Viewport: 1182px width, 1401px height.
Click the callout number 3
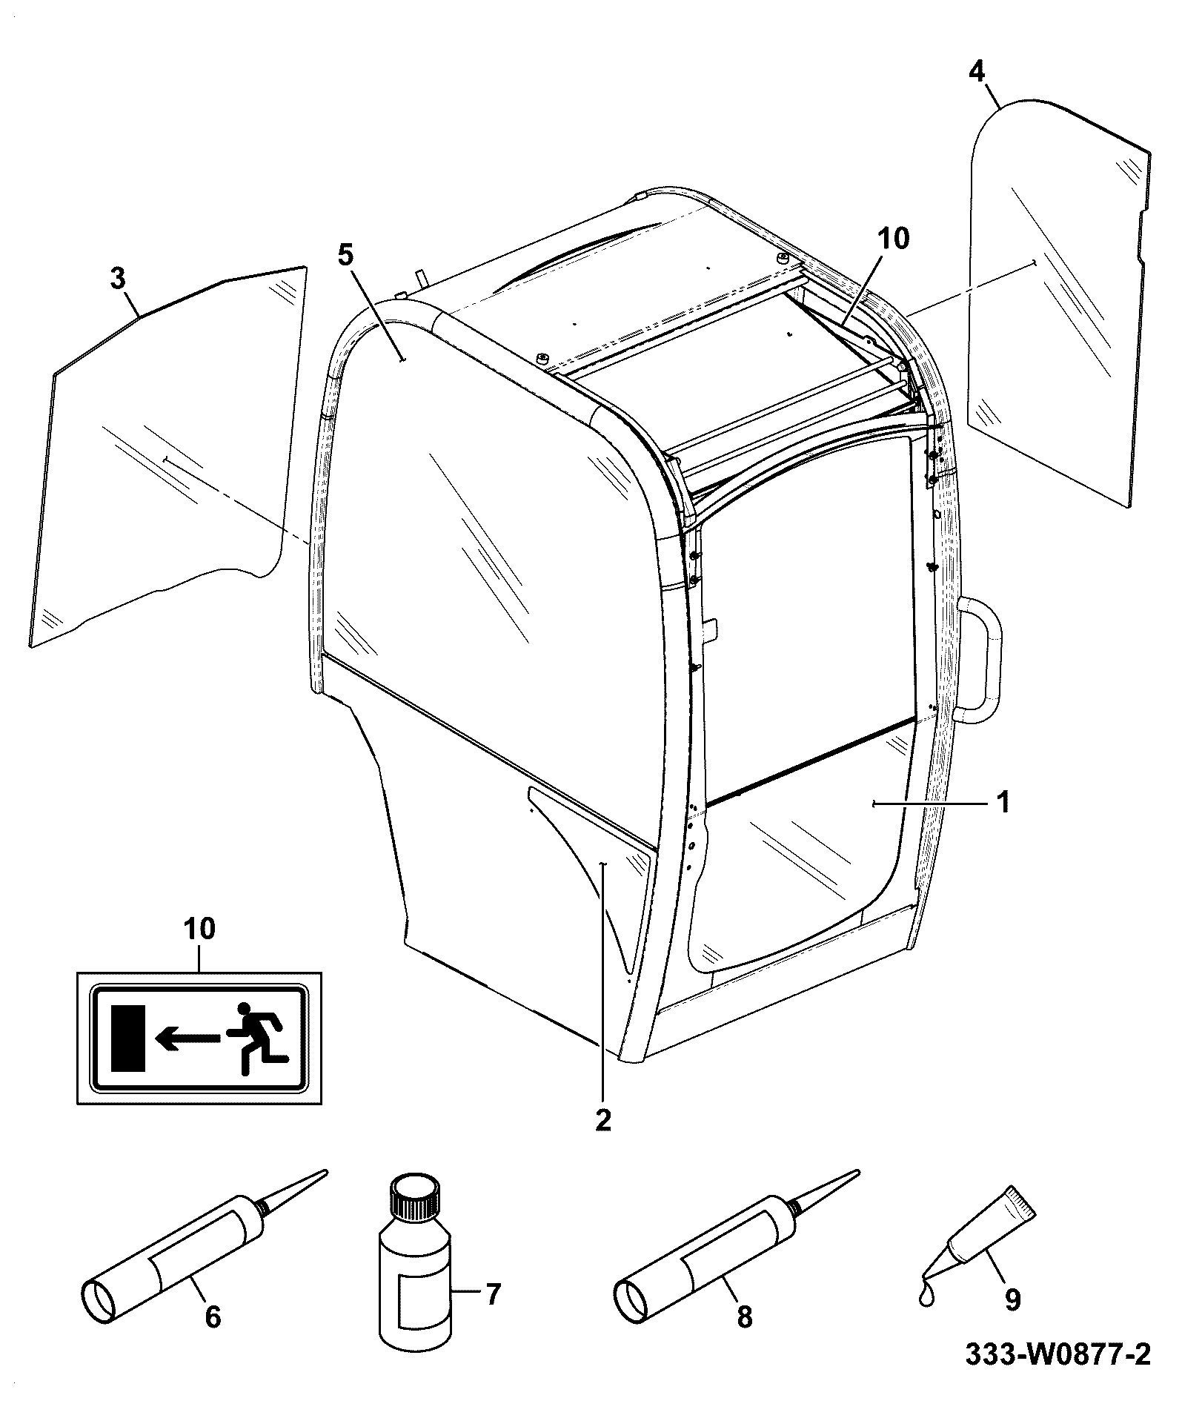coord(117,279)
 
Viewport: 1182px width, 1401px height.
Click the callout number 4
coord(977,71)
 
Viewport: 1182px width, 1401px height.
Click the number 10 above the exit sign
coord(201,928)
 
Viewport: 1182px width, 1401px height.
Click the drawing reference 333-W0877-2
coord(1058,1374)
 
